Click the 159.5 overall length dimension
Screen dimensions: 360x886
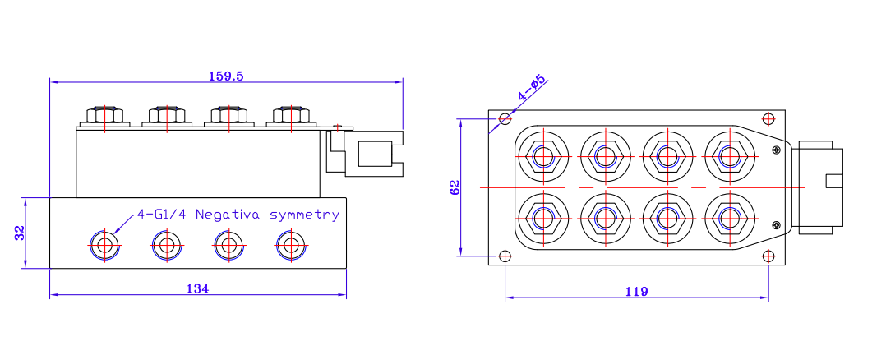(226, 76)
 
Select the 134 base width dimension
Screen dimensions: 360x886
(197, 288)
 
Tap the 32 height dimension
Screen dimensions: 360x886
(19, 233)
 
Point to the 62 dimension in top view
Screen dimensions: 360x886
(455, 187)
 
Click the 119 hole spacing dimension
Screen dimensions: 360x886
(636, 292)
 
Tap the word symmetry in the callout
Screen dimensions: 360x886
(304, 215)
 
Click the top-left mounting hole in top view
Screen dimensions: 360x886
(505, 119)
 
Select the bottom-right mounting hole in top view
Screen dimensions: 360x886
(768, 256)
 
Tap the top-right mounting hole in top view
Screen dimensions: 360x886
(768, 119)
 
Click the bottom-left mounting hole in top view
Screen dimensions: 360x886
(505, 256)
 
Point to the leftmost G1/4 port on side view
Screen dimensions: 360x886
(104, 244)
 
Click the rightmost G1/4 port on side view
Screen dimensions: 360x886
(288, 244)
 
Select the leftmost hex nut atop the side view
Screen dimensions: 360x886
(104, 114)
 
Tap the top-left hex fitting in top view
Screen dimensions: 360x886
(542, 155)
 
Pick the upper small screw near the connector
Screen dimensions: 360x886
(776, 150)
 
